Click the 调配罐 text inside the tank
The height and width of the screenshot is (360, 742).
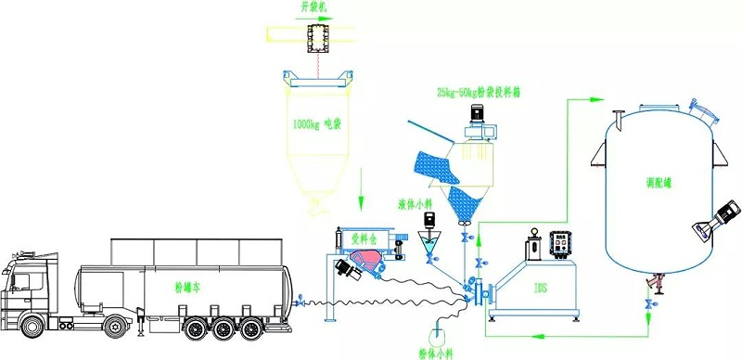[x=654, y=186]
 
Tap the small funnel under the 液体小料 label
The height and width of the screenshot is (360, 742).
[x=429, y=245]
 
